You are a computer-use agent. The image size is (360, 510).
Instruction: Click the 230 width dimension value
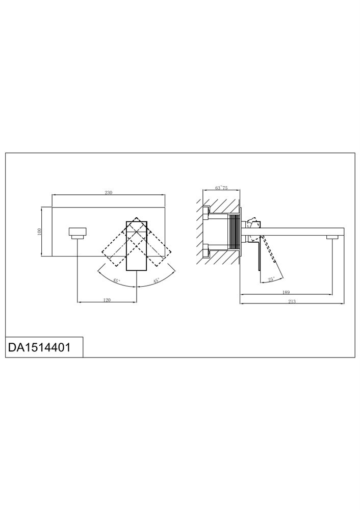pos(108,192)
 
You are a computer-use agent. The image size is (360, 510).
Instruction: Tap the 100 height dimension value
pos(40,232)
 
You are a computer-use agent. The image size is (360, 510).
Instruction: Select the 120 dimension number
pos(107,300)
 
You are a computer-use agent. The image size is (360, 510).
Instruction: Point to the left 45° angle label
pos(116,280)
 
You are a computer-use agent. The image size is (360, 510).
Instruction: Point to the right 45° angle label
pos(157,280)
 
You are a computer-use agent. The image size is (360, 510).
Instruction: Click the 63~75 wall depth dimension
pos(221,188)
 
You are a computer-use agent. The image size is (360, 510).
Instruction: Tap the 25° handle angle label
pos(272,279)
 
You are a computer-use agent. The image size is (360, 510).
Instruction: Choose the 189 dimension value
pos(286,292)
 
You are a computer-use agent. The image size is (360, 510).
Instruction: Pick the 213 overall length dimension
pos(292,301)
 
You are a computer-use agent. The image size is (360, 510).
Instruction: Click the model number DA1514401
pos(39,347)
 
